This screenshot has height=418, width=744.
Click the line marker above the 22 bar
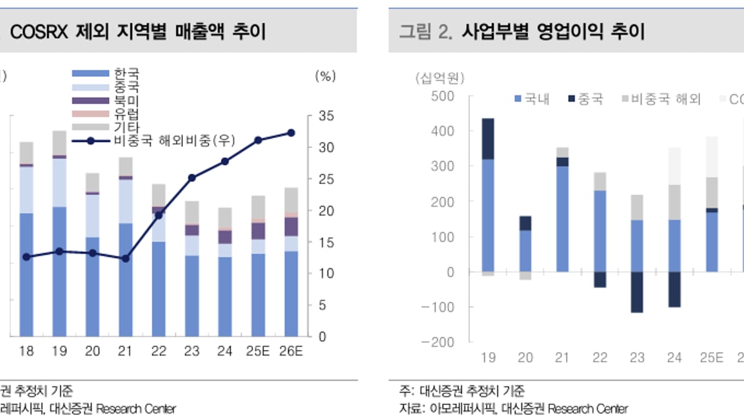158,216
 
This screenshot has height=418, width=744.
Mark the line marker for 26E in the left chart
291,133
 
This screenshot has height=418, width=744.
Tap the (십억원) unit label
440,78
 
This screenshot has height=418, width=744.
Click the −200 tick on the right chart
440,342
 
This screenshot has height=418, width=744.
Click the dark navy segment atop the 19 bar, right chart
488,139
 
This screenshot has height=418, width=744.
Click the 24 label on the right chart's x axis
675,358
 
